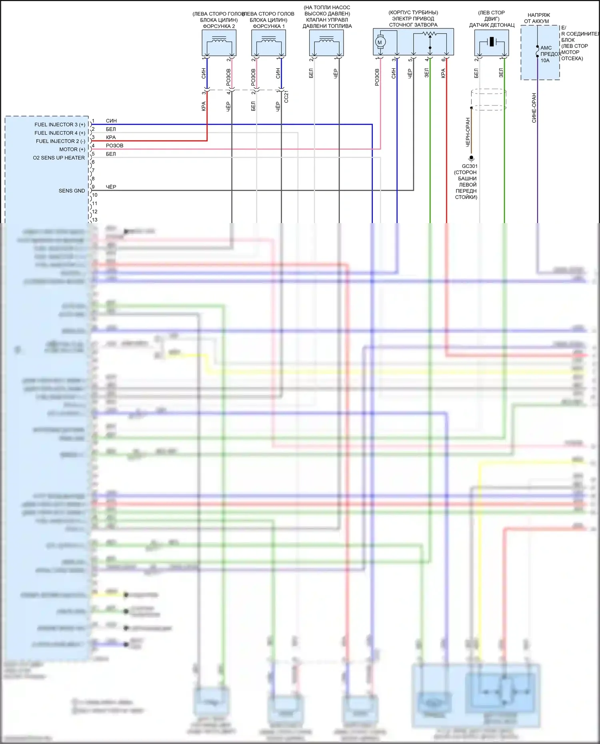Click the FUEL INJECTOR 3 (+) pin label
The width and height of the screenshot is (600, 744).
(x=60, y=125)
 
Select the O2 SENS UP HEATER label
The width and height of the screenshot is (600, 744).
(x=59, y=158)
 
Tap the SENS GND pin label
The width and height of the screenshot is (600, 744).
(x=72, y=191)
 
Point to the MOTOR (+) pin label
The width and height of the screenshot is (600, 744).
(x=72, y=150)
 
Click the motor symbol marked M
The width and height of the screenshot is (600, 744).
(x=380, y=42)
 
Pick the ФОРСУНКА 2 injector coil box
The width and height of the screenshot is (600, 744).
(x=219, y=43)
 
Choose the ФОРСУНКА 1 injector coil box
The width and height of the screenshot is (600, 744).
(x=268, y=43)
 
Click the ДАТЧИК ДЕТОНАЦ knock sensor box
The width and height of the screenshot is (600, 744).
(x=492, y=42)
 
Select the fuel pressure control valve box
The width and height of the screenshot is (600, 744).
(x=326, y=43)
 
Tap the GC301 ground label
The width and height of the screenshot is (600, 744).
(x=470, y=166)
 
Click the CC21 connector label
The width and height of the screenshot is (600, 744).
(x=286, y=97)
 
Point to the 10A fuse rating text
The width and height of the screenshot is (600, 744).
(x=545, y=61)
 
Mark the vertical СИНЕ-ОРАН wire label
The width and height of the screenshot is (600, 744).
(x=534, y=108)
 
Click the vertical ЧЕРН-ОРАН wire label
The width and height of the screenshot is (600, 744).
(x=468, y=132)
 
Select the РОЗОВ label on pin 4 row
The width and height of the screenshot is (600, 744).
(x=114, y=146)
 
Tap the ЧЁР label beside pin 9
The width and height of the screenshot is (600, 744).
(x=111, y=187)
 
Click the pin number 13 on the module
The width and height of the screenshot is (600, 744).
(x=95, y=220)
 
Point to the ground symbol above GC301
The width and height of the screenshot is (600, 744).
(x=471, y=159)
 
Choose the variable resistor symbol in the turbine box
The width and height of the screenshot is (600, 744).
(x=430, y=34)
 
